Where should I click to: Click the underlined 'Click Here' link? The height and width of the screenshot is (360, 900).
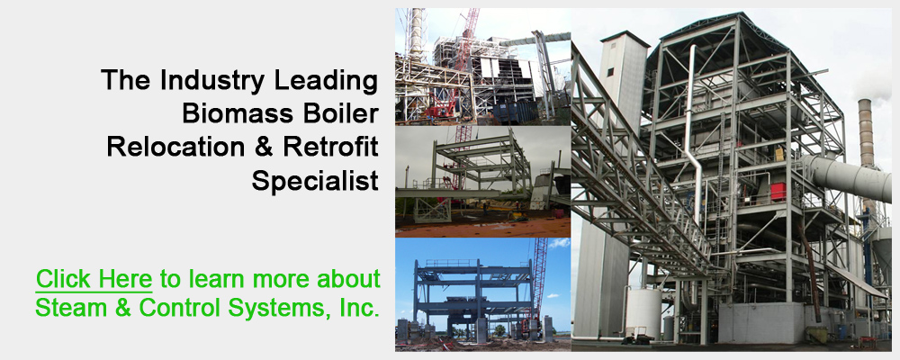click(94, 279)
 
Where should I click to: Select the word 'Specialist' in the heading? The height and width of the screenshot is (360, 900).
click(315, 181)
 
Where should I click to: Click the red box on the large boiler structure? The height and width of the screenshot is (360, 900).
click(778, 192)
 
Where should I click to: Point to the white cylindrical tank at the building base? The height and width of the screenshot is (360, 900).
click(643, 313)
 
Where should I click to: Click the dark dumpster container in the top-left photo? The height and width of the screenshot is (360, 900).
click(514, 112)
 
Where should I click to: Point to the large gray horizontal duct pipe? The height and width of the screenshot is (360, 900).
click(849, 178)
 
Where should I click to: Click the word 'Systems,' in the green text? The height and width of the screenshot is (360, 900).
click(281, 309)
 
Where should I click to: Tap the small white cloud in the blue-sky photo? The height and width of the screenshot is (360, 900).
click(559, 243)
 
